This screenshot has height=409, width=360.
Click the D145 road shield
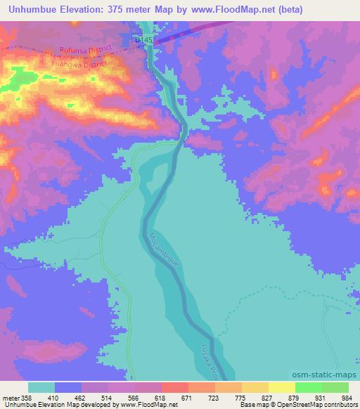click(x=144, y=41)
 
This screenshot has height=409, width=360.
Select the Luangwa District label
click(x=79, y=63)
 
